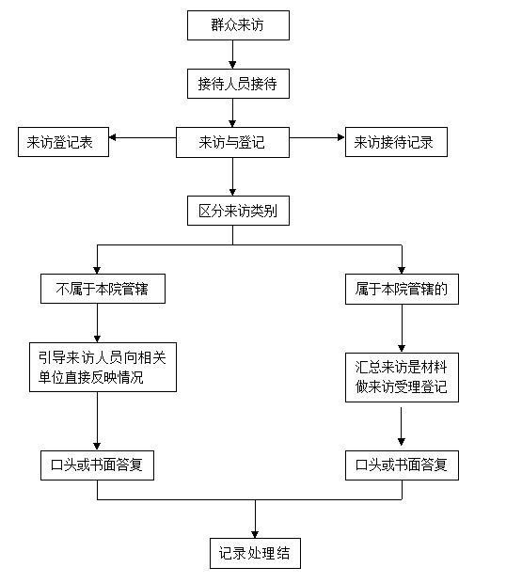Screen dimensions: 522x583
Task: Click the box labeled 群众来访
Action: pos(238,25)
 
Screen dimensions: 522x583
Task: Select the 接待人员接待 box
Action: pos(238,84)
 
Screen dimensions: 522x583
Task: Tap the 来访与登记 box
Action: pos(232,142)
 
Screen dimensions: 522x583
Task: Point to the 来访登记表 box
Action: pos(63,142)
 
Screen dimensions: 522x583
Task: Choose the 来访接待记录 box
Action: pos(396,142)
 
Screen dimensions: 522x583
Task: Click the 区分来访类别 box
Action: pos(238,211)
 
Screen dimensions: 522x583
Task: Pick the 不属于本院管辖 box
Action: pos(103,289)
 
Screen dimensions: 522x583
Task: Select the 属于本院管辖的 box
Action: pos(402,290)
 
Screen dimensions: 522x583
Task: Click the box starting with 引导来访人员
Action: pos(103,368)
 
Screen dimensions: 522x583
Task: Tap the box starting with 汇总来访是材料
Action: pos(402,378)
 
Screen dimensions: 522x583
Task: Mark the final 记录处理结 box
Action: pos(255,553)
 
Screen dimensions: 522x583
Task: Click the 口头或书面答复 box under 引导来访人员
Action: pos(98,465)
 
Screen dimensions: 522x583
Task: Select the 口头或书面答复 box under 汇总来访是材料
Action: pos(402,465)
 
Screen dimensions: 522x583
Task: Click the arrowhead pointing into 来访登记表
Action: pos(112,137)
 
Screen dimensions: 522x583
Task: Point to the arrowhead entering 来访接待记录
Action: pos(341,137)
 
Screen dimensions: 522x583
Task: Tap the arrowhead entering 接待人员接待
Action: pos(232,65)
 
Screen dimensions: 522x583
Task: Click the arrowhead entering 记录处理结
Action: pos(255,534)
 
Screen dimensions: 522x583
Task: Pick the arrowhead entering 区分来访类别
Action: pos(232,192)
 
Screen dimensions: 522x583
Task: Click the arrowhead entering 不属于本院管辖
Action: pos(98,270)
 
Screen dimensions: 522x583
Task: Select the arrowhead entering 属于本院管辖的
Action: pos(402,270)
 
